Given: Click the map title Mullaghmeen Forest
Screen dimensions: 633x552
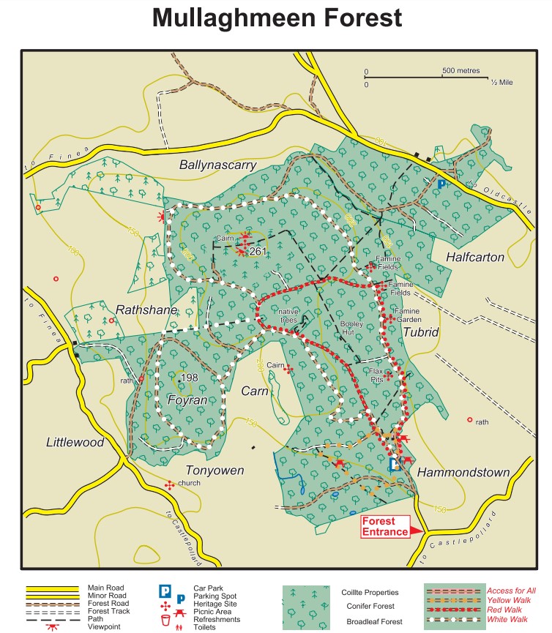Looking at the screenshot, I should [277, 18].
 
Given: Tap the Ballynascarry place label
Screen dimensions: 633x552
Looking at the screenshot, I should [217, 165].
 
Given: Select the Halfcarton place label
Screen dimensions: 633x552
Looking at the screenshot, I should [475, 257].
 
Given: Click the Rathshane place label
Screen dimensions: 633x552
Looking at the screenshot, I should [146, 310].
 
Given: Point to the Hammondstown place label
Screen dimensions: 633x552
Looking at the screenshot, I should [463, 473].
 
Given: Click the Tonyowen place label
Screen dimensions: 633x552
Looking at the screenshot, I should [215, 470].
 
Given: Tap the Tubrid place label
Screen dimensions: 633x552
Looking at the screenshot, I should [420, 332].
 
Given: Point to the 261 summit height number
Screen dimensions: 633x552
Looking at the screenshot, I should [258, 252].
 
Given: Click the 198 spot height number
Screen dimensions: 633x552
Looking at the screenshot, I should [189, 378].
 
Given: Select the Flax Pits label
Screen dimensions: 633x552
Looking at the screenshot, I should [376, 375].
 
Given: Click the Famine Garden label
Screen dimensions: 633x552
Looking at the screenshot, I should [407, 315].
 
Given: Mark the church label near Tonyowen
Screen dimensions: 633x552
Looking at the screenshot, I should [189, 483].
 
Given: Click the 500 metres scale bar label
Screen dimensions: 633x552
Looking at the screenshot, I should [460, 71].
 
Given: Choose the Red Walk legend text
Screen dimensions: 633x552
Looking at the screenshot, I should [504, 609].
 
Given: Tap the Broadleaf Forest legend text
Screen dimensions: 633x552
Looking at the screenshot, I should [372, 622].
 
